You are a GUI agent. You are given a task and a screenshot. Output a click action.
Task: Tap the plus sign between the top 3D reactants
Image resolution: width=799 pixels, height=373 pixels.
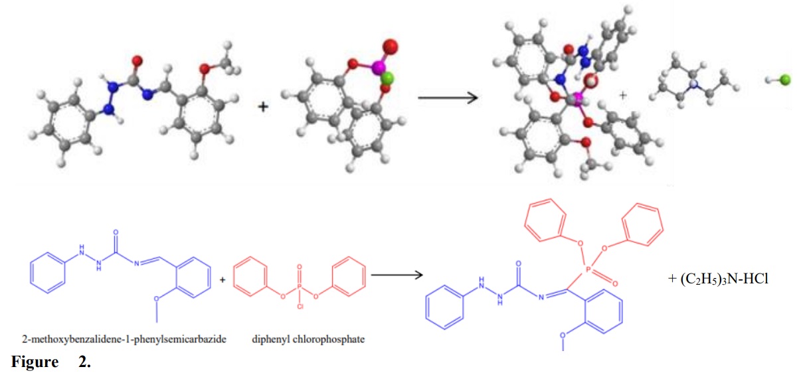tap(263, 106)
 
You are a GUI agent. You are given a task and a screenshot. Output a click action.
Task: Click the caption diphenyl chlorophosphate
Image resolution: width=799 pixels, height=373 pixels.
tap(308, 340)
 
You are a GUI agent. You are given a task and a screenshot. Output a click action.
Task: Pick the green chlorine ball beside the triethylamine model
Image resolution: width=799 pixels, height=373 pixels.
tap(784, 80)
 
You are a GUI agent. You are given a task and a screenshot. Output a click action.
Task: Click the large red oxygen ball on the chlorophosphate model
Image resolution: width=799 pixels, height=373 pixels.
tap(391, 46)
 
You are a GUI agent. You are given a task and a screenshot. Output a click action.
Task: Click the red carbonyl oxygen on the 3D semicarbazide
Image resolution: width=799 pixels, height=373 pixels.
tap(138, 62)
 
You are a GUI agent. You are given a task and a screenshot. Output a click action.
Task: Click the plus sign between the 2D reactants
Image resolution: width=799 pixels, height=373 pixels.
tap(222, 279)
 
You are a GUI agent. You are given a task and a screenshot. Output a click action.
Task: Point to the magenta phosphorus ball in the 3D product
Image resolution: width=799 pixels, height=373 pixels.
tap(577, 100)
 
